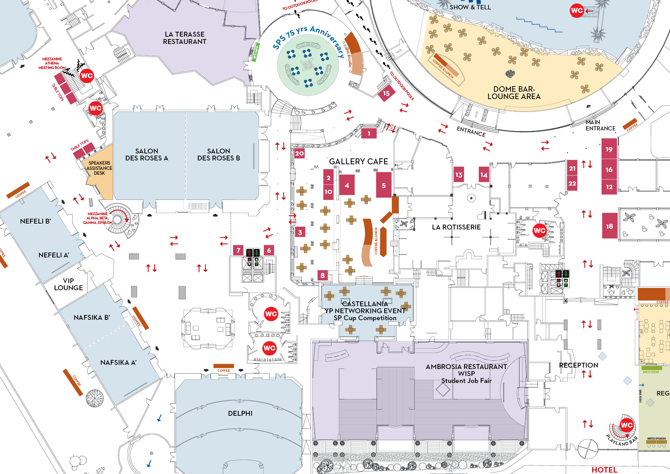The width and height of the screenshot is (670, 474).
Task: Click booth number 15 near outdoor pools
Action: [x=386, y=93]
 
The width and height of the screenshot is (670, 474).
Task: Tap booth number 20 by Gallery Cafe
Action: [x=299, y=153]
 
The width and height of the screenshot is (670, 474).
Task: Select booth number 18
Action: [x=609, y=226]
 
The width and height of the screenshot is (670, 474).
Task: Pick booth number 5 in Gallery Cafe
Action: [x=384, y=186]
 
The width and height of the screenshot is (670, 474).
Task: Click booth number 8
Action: [x=322, y=276]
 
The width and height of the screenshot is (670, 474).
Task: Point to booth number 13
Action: [x=459, y=175]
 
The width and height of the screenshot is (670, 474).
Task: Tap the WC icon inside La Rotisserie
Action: [x=539, y=230]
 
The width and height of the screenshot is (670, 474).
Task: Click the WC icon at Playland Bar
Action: [x=626, y=425]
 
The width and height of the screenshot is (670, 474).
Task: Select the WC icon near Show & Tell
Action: [x=576, y=10]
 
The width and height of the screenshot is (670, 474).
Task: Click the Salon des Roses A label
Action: [x=147, y=155]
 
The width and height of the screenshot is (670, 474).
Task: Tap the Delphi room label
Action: [x=240, y=413]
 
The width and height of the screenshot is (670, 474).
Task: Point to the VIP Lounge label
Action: [x=68, y=284]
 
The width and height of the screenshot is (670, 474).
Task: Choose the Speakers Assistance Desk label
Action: [x=99, y=168]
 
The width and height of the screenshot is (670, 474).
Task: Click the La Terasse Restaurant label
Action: [x=185, y=38]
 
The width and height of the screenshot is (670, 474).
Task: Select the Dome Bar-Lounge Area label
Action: [x=514, y=93]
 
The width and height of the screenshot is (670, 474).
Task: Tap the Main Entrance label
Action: [x=600, y=125]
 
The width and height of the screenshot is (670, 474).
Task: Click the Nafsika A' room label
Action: [x=118, y=362]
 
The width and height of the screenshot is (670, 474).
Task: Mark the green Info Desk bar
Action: [x=651, y=368]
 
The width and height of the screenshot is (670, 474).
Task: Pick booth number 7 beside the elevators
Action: [x=238, y=250]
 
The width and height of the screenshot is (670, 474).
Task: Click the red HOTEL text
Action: [x=604, y=469]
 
